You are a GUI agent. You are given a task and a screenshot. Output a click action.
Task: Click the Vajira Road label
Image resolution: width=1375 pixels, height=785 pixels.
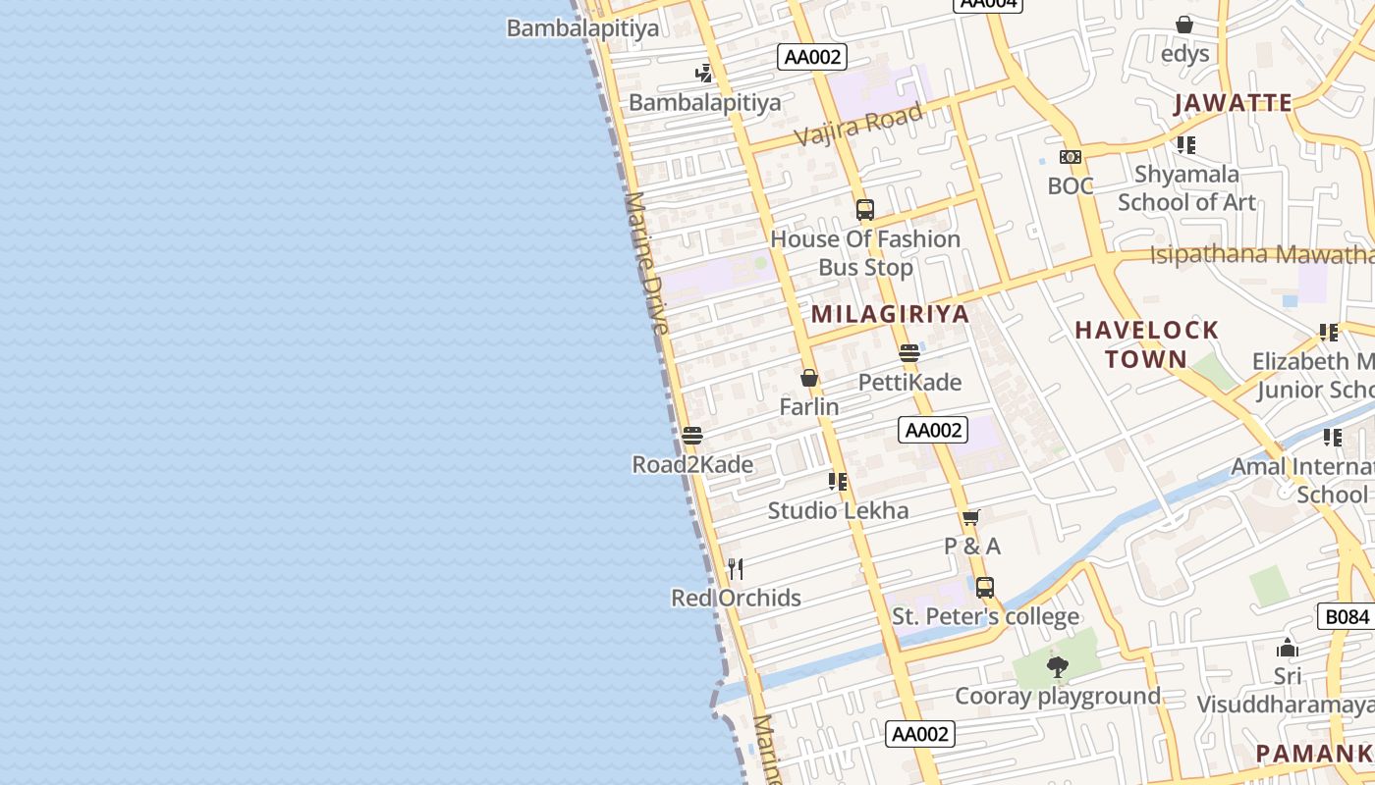click(x=858, y=125)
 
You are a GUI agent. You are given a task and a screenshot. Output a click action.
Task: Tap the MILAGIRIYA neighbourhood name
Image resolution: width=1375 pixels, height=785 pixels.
click(x=890, y=314)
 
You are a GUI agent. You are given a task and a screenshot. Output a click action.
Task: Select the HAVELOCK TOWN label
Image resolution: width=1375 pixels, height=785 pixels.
click(x=1146, y=344)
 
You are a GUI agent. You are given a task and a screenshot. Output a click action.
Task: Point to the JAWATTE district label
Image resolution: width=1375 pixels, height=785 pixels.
click(x=1233, y=103)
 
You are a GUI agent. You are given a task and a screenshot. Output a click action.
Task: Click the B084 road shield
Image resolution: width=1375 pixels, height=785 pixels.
click(x=1346, y=616)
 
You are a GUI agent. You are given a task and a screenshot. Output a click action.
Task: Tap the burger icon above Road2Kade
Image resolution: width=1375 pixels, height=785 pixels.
click(x=692, y=435)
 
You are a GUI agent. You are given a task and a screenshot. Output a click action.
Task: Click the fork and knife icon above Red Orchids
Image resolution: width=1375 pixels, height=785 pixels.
click(x=736, y=569)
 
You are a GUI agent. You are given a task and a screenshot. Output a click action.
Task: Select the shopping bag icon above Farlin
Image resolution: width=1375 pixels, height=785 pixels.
click(x=809, y=378)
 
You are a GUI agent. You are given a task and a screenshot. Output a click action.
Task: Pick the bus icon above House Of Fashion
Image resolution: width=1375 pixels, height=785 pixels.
click(x=864, y=209)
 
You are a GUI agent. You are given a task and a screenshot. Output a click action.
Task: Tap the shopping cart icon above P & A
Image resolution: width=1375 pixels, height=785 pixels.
click(x=971, y=517)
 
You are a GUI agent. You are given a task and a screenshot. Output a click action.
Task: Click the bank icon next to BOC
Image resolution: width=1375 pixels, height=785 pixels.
click(x=1071, y=157)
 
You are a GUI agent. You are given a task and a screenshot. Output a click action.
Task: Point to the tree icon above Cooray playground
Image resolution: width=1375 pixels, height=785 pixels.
click(x=1058, y=667)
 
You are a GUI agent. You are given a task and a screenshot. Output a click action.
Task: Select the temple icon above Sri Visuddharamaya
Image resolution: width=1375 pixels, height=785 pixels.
click(x=1288, y=648)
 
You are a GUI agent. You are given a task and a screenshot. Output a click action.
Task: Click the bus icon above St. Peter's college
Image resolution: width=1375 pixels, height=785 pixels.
click(x=985, y=588)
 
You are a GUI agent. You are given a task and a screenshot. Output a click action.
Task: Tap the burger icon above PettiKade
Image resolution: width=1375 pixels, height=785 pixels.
click(x=909, y=352)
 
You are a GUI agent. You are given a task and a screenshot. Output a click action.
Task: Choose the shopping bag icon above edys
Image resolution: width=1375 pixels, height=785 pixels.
click(x=1184, y=25)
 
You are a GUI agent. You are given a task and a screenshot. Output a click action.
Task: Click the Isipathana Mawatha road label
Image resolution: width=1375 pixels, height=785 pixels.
click(x=1262, y=255)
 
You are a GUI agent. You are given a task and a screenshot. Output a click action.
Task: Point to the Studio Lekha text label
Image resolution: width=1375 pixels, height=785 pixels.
click(x=838, y=510)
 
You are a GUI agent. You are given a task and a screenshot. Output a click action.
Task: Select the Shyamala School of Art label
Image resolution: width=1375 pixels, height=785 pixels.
click(x=1186, y=188)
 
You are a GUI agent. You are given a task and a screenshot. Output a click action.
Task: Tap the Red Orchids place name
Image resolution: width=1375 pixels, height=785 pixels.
click(x=736, y=598)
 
